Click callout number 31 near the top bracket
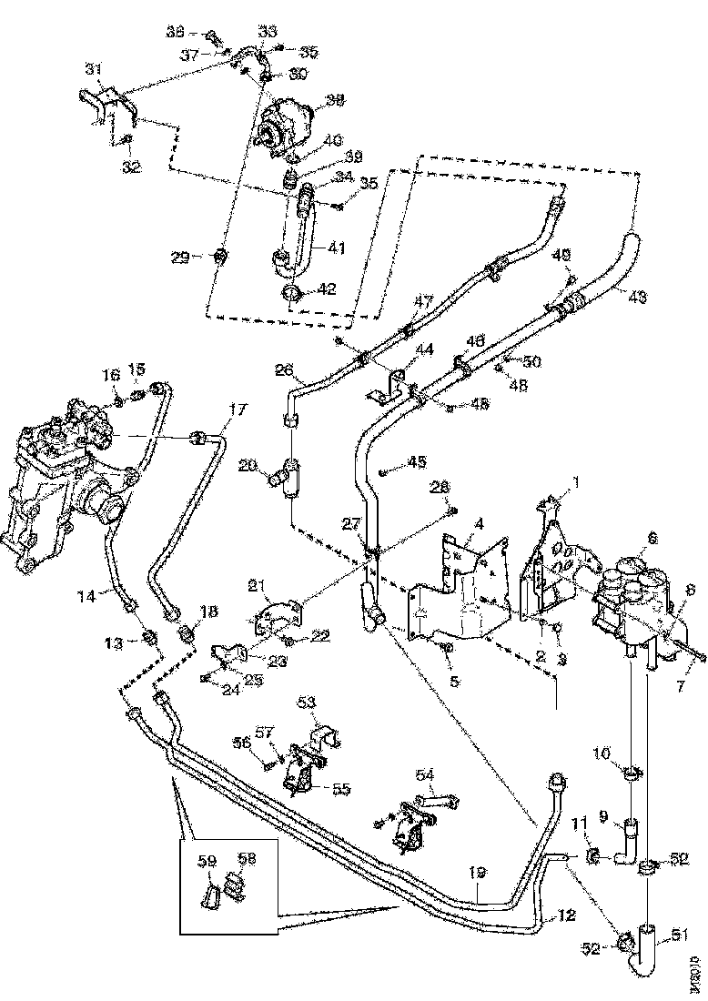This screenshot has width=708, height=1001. click(x=92, y=69)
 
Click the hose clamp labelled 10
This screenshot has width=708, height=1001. click(x=630, y=774)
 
